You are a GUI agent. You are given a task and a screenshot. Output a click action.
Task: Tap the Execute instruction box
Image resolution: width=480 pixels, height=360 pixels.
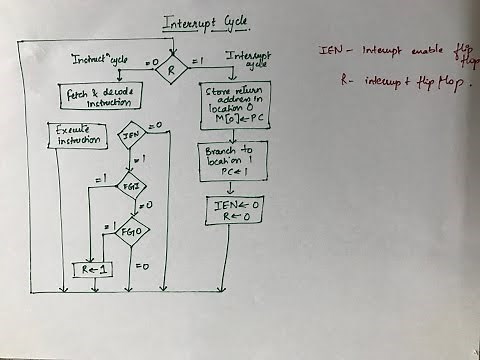pyautogui.click(x=78, y=136)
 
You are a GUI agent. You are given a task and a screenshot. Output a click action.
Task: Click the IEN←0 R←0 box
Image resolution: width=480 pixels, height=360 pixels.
pyautogui.click(x=230, y=209)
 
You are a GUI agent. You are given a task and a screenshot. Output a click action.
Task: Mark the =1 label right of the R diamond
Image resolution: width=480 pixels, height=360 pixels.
pyautogui.click(x=199, y=62)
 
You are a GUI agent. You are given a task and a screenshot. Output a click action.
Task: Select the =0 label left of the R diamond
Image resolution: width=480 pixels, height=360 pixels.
pyautogui.click(x=152, y=63)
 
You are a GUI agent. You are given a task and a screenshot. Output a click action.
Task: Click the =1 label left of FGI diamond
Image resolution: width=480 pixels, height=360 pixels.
pyautogui.click(x=101, y=179)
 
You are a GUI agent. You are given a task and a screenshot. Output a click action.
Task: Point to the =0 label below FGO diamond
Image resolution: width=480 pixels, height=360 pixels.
pyautogui.click(x=143, y=267)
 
